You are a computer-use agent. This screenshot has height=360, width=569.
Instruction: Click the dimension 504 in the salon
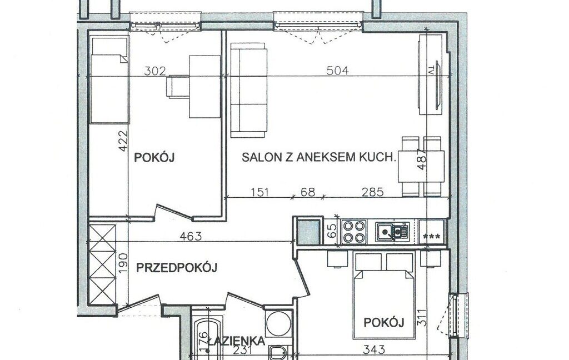point(337,70)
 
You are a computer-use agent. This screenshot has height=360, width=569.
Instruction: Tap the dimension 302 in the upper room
point(155,71)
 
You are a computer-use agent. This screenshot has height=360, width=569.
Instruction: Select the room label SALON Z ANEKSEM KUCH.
point(318,157)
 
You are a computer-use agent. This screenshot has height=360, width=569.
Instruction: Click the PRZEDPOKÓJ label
point(177,268)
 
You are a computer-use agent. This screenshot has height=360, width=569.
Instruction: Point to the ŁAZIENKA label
point(236,341)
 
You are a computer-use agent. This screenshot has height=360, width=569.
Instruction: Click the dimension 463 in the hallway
point(191,236)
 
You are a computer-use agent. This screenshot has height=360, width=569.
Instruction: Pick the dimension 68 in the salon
point(308,192)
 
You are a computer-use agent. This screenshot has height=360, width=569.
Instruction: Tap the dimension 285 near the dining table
point(373,192)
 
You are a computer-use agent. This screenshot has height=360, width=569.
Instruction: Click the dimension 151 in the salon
point(260,192)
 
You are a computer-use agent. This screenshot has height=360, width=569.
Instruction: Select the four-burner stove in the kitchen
point(354,232)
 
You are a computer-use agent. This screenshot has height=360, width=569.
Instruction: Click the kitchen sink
point(392,232)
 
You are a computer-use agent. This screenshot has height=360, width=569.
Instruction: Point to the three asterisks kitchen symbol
point(432,237)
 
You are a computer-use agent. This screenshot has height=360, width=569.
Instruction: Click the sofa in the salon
point(249,90)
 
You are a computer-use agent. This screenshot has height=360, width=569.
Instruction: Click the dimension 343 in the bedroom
point(374,350)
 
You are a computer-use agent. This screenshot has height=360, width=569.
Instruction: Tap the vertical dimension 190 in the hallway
point(123,262)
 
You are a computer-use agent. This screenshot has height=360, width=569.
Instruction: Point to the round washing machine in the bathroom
point(278,324)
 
